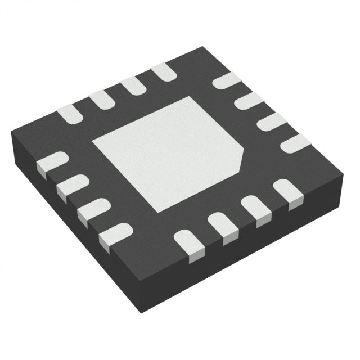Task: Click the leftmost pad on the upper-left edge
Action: coord(70,114)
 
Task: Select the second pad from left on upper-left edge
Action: coord(101,100)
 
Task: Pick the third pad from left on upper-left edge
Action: coord(133,85)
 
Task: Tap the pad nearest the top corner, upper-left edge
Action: coord(163,71)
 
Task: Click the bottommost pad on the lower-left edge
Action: coord(115,233)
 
